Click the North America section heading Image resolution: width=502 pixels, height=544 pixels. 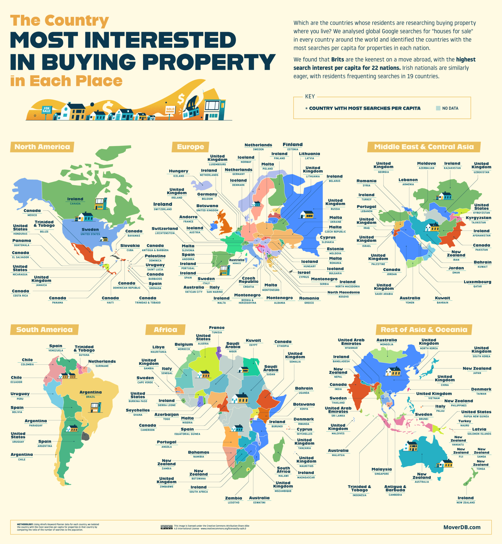click(42, 147)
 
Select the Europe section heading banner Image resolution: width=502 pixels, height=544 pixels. click(190, 147)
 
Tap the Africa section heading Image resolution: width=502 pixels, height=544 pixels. click(165, 330)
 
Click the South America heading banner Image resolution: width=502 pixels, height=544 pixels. click(44, 330)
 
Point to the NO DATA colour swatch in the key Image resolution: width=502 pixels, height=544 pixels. click(438, 108)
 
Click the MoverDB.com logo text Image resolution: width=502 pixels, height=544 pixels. click(462, 527)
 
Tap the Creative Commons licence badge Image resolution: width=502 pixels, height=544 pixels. click(166, 527)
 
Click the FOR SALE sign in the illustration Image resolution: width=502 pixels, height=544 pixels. click(46, 110)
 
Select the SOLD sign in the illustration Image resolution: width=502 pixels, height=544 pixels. click(170, 109)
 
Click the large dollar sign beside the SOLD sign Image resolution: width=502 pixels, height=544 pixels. click(181, 99)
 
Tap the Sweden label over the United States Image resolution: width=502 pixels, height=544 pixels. click(90, 229)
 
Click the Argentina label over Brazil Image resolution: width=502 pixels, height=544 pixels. click(91, 392)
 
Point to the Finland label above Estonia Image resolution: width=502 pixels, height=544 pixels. click(292, 145)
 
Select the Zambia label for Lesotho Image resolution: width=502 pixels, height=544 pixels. click(233, 498)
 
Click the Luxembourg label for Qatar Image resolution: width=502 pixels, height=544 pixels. click(477, 282)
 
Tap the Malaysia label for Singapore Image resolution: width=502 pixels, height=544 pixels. click(381, 469)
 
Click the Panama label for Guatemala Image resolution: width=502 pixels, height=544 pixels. click(22, 241)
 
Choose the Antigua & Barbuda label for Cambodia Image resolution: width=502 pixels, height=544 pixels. click(395, 488)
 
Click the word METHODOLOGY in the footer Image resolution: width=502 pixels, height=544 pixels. click(25, 524)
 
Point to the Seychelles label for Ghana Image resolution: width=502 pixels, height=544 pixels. click(138, 410)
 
